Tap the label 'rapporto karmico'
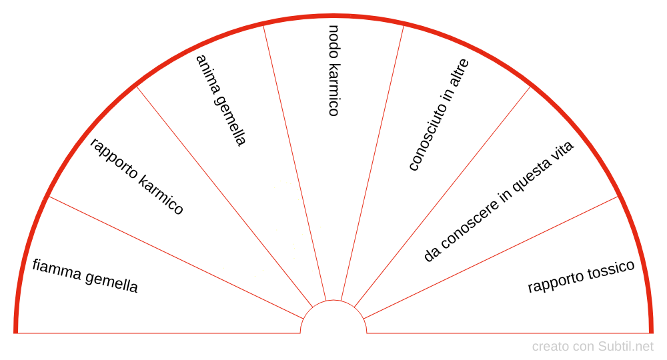coord(137,176)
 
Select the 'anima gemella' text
coord(221,100)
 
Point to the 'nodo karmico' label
coord(334,70)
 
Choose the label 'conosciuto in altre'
coord(439,115)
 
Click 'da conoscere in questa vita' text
coord(498,201)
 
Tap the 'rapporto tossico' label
coord(581,276)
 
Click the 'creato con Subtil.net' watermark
coord(592,347)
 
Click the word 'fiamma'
coord(57,269)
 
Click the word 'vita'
coord(562,151)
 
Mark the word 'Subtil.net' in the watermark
coord(626,347)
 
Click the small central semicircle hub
coord(333,301)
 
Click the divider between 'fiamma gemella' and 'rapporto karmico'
coord(176,257)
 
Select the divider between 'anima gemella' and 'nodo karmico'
coord(295,163)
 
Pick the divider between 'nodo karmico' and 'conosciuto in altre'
coord(372,163)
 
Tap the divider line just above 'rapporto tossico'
coord(491,257)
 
